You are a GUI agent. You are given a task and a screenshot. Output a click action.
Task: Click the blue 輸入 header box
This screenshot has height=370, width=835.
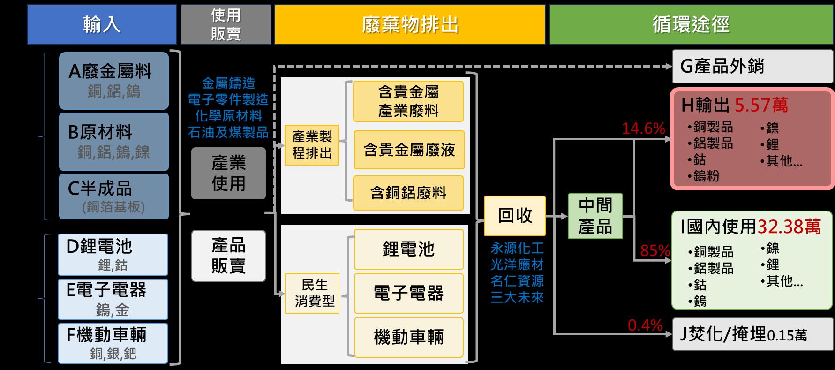pos(102,25)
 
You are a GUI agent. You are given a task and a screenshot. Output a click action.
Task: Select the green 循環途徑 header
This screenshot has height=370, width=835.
pos(691,25)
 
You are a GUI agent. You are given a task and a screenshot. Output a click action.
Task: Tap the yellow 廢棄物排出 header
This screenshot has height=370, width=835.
pos(410,25)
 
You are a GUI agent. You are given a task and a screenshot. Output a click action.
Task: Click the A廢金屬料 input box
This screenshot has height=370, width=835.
pos(113,80)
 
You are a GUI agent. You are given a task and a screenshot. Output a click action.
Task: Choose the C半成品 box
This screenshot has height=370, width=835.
pos(113,196)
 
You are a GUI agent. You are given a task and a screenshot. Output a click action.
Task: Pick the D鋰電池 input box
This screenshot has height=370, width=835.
pos(113,254)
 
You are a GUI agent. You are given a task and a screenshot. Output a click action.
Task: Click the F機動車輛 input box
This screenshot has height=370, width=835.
pos(113,343)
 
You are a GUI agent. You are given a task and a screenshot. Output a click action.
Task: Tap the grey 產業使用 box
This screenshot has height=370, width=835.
pos(228,173)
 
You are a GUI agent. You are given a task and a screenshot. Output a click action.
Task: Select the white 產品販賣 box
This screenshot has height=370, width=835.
pos(228,256)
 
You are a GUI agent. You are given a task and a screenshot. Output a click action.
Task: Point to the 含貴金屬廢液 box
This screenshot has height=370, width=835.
pos(409,150)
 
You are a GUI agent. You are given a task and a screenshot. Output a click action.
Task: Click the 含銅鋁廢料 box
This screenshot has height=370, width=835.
pos(408,193)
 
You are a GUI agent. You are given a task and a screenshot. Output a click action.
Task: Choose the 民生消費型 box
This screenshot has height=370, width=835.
pos(312,293)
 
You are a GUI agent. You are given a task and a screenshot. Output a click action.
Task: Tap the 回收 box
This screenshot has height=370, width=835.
pos(515,216)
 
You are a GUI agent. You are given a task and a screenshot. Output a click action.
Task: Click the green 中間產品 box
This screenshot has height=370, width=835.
pos(595,216)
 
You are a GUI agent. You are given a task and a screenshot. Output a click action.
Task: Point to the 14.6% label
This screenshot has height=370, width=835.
pos(643,128)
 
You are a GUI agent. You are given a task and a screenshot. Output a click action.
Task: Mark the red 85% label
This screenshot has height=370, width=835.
pos(654,251)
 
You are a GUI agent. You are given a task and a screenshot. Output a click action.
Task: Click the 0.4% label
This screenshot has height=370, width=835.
pos(645,325)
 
